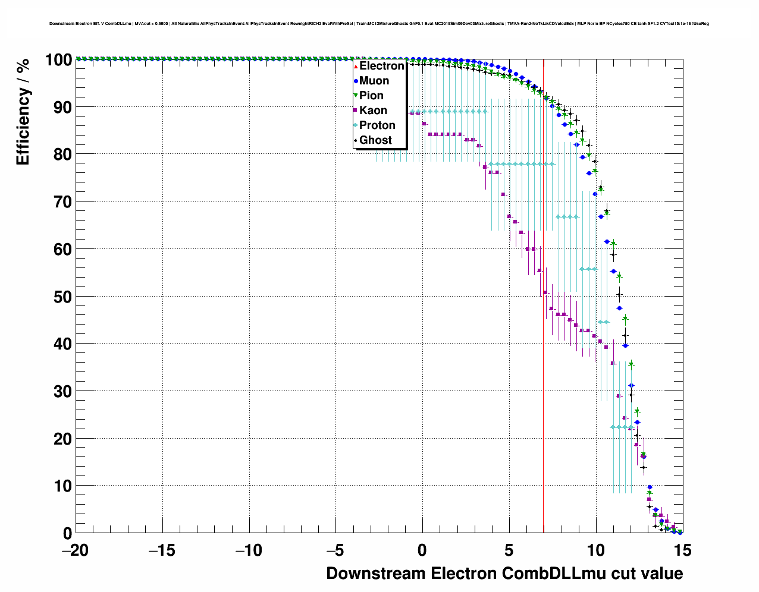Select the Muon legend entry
(x=374, y=81)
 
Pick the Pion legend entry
(x=371, y=96)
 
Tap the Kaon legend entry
(x=373, y=111)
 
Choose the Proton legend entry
(x=377, y=125)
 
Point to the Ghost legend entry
(x=375, y=140)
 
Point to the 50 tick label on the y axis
(x=62, y=297)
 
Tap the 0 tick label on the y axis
(x=67, y=533)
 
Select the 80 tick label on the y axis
(x=62, y=155)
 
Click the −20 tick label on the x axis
(x=75, y=550)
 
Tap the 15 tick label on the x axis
(x=683, y=550)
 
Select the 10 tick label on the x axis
(x=596, y=550)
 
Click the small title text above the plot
(x=379, y=24)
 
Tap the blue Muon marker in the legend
(x=356, y=81)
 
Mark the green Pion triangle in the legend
(x=356, y=96)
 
